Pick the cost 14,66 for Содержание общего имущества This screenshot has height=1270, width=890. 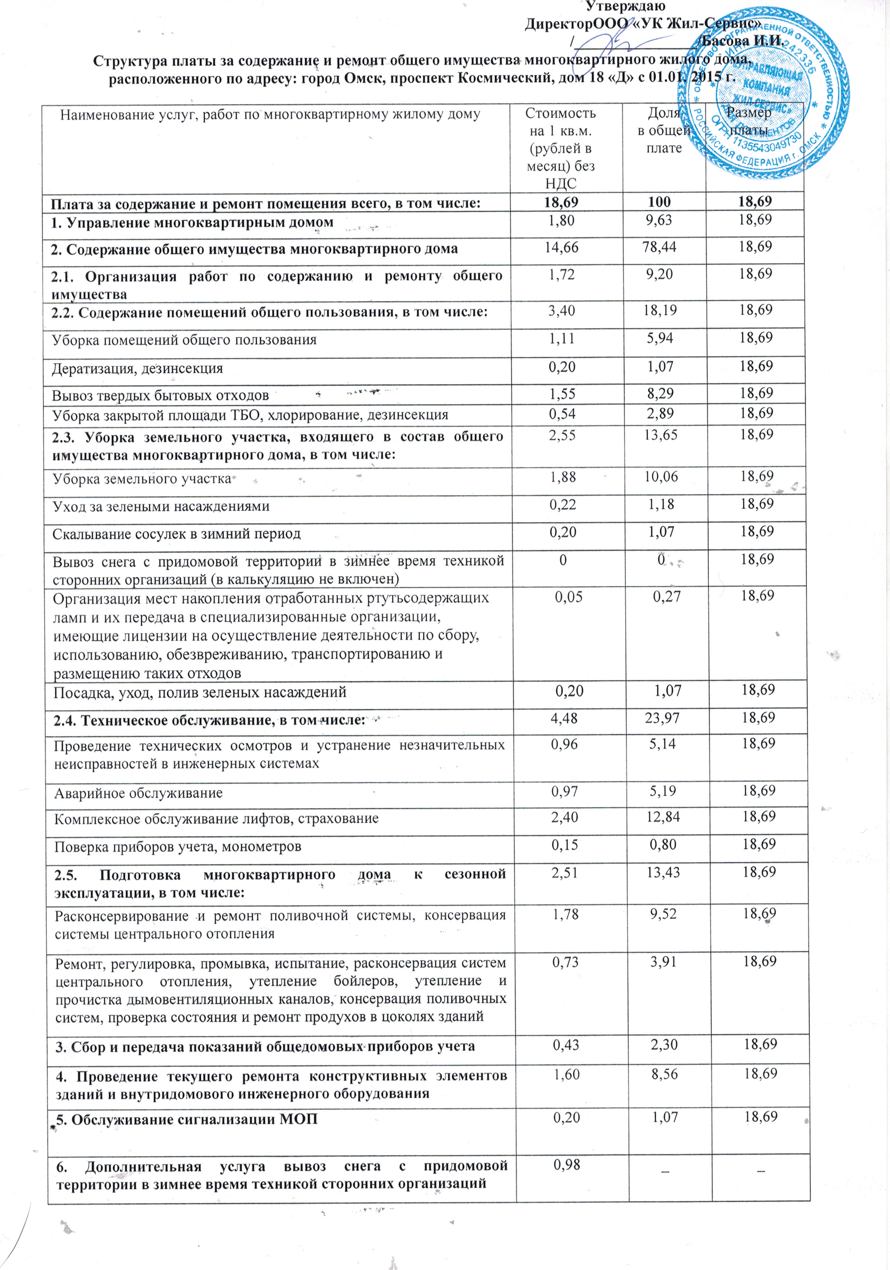562,247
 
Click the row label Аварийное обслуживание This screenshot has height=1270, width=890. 138,793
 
